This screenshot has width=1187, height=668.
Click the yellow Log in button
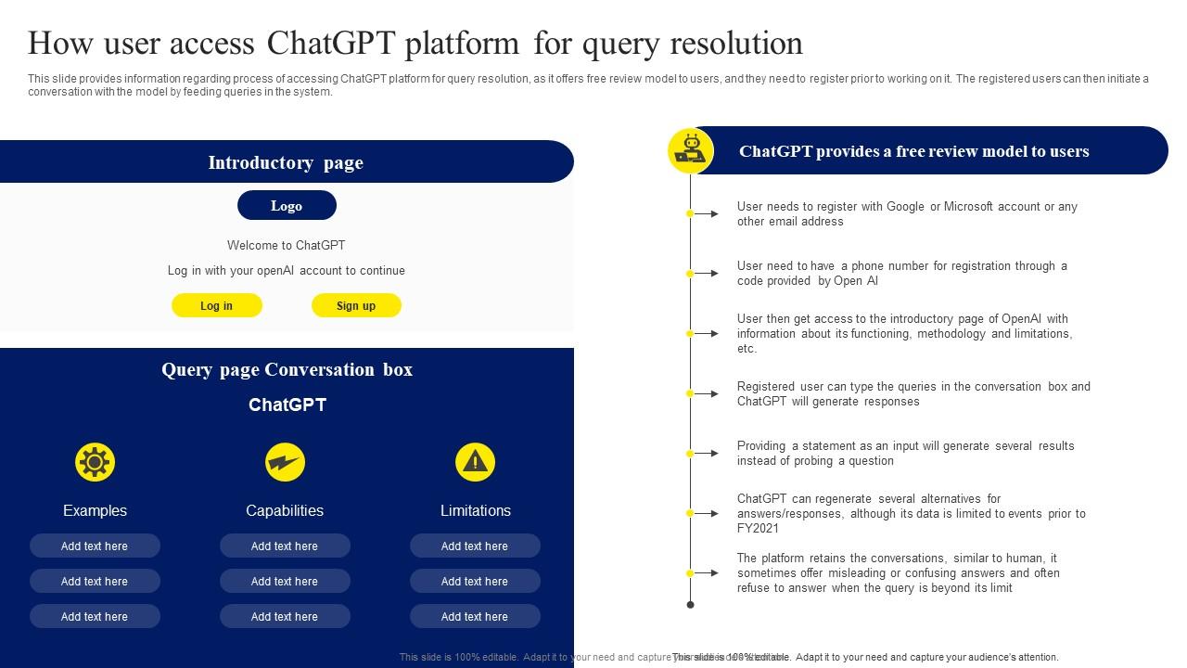point(217,305)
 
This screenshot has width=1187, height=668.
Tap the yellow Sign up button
point(356,305)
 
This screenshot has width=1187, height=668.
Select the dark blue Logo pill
point(287,206)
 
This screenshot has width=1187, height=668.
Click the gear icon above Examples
point(95,462)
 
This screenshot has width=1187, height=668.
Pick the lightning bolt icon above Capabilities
point(285,462)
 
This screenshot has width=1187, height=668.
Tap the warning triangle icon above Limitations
point(475,462)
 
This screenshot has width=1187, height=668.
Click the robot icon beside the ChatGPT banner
point(691,150)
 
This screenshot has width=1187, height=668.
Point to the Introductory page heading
point(286,162)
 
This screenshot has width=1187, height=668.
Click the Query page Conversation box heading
point(287,369)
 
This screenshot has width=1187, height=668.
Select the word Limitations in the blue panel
point(475,510)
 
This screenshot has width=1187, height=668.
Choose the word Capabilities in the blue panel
point(285,510)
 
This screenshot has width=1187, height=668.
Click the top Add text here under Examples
point(95,546)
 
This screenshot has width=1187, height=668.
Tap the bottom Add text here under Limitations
point(475,616)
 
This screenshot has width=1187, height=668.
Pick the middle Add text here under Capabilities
point(285,581)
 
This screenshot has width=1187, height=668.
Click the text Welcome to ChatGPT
point(286,246)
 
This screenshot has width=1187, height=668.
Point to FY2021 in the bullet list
point(759,529)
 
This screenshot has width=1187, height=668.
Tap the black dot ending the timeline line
point(690,605)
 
